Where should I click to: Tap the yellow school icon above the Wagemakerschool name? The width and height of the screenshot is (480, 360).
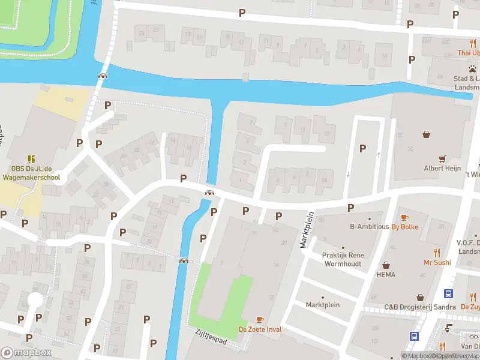[x=31, y=159]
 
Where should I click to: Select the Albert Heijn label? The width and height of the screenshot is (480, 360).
[x=442, y=169]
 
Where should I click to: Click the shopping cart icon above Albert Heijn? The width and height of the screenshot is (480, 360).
[x=442, y=158]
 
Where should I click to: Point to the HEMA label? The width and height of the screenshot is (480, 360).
[x=385, y=274]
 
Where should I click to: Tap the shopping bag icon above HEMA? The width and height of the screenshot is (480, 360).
[x=385, y=264]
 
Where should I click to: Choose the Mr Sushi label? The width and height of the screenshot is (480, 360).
[x=437, y=262]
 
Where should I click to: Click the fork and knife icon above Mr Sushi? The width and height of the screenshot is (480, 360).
[x=437, y=253]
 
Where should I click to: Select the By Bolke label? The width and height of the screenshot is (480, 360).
[x=404, y=227]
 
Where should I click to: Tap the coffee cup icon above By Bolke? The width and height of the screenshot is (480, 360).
[x=404, y=217]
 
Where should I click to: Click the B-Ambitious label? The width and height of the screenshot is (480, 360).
[x=369, y=227]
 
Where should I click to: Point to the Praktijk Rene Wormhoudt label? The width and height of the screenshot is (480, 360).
[x=344, y=259]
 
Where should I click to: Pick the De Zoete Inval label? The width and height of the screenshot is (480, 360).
[x=260, y=329]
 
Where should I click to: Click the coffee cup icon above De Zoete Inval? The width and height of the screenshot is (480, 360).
[x=260, y=319]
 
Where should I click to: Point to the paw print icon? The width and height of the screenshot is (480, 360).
[x=472, y=68]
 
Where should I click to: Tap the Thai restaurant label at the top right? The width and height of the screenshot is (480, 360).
[x=468, y=53]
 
